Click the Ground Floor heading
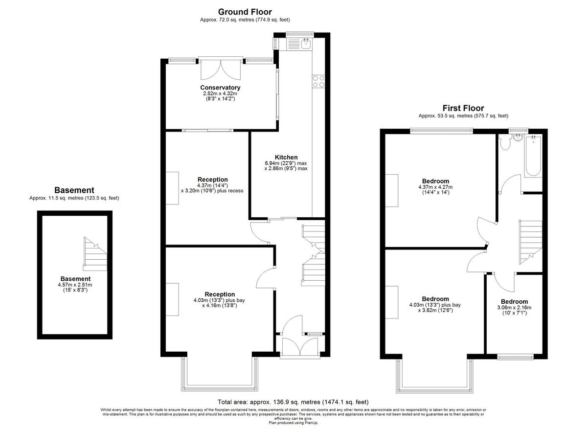tap(245, 12)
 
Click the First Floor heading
tap(463, 108)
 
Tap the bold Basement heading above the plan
tap(74, 190)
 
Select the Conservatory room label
tap(220, 88)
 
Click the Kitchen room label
tap(286, 157)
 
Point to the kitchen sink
tap(306, 44)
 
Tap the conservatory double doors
tap(221, 69)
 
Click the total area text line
tap(293, 402)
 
